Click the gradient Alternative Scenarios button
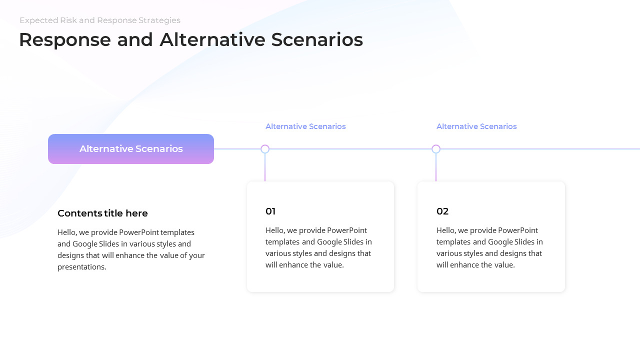pyautogui.click(x=131, y=149)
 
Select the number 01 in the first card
pyautogui.click(x=270, y=211)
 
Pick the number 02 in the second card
pyautogui.click(x=442, y=211)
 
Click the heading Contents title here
pyautogui.click(x=102, y=213)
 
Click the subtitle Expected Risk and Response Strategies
pyautogui.click(x=100, y=20)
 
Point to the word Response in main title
pyautogui.click(x=65, y=40)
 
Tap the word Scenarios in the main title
pyautogui.click(x=317, y=39)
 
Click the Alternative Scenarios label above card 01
pyautogui.click(x=305, y=126)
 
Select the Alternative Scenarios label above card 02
pyautogui.click(x=476, y=126)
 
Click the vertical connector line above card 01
pyautogui.click(x=265, y=167)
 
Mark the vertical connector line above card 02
pyautogui.click(x=435, y=167)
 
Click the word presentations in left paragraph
pyautogui.click(x=81, y=267)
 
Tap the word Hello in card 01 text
pyautogui.click(x=275, y=230)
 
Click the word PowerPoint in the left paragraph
pyautogui.click(x=139, y=232)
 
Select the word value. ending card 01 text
pyautogui.click(x=333, y=265)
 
